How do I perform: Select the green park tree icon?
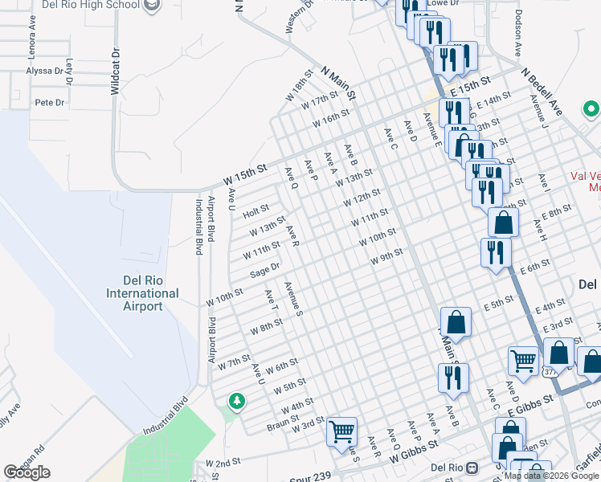click(x=236, y=400)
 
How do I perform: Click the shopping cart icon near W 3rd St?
click(x=342, y=432)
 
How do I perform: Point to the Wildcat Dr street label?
click(x=116, y=71)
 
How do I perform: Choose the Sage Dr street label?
click(x=264, y=271)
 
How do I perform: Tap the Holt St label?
click(x=256, y=211)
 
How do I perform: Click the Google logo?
click(x=27, y=472)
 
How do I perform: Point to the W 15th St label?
click(x=244, y=174)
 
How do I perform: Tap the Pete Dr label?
click(x=49, y=103)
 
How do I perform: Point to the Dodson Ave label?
click(x=519, y=33)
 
